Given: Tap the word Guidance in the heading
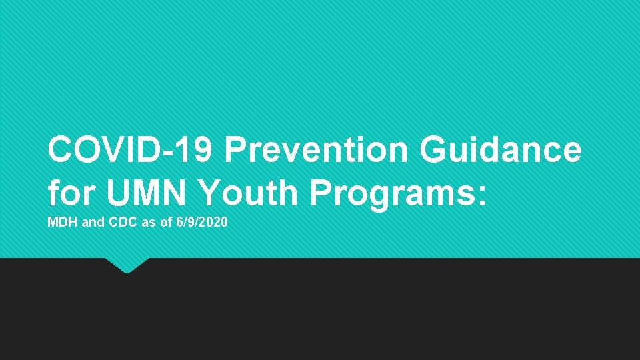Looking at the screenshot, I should click(501, 150).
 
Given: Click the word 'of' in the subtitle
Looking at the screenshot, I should click(165, 223).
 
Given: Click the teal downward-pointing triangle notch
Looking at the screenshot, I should click(126, 265).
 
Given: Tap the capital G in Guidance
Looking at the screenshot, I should click(435, 150).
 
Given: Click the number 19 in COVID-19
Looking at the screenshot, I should click(197, 150).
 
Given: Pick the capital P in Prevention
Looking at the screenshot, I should click(236, 150).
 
